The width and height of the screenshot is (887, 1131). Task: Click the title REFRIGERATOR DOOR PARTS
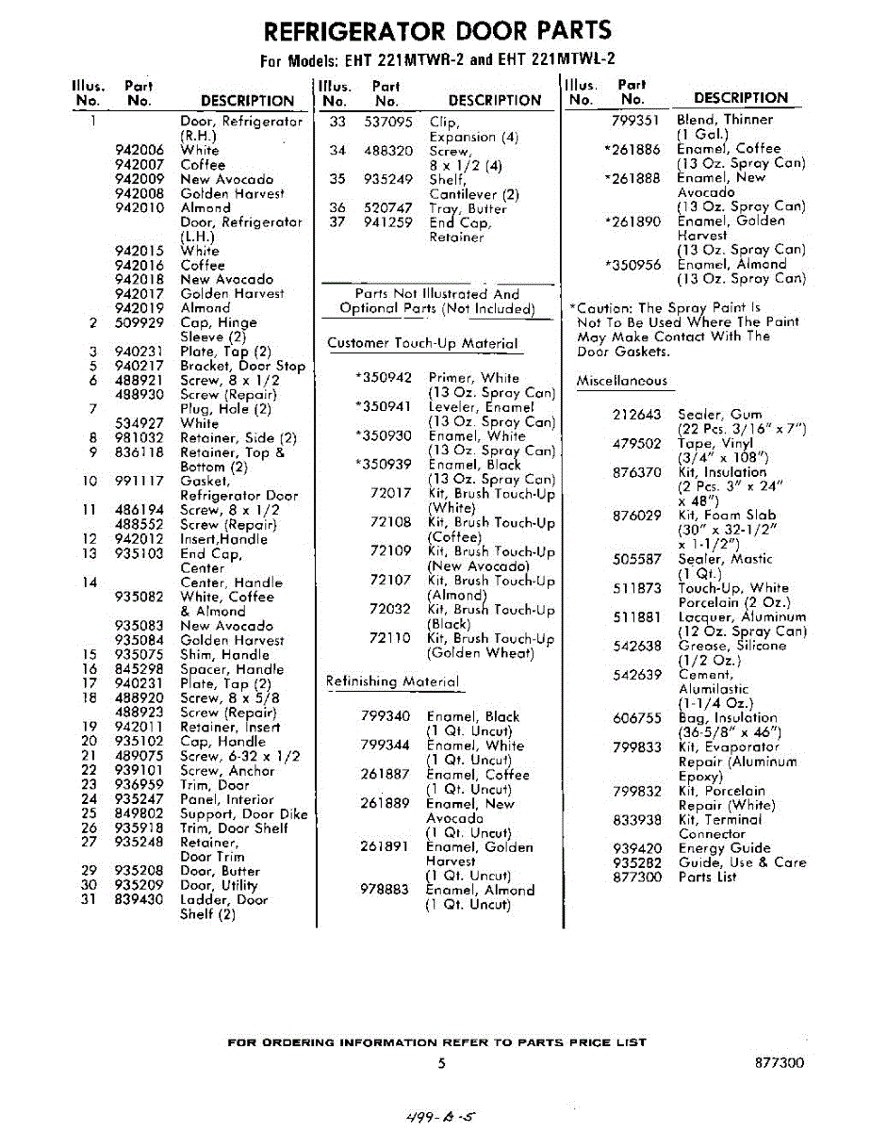(437, 30)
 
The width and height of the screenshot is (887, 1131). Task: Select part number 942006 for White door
(139, 150)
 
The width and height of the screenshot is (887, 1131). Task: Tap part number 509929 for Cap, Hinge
(139, 322)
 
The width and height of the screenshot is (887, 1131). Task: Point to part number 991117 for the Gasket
(139, 481)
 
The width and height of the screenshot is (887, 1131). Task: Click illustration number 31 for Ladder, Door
(90, 900)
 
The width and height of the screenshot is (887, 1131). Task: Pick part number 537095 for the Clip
(387, 122)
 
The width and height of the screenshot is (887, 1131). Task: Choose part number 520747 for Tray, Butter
(387, 208)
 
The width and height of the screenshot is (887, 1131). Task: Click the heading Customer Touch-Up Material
(422, 343)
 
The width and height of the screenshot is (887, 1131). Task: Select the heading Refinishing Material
(392, 680)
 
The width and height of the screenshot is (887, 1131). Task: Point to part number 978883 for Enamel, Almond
(385, 890)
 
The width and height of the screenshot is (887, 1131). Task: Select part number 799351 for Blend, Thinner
(636, 120)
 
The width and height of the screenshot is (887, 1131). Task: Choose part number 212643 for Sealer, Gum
(636, 415)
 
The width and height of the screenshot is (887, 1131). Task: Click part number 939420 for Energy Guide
(636, 848)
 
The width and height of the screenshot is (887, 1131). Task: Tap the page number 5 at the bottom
(441, 1064)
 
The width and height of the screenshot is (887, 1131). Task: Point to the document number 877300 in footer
(780, 1063)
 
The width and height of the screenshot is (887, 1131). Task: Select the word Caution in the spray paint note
(602, 308)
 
